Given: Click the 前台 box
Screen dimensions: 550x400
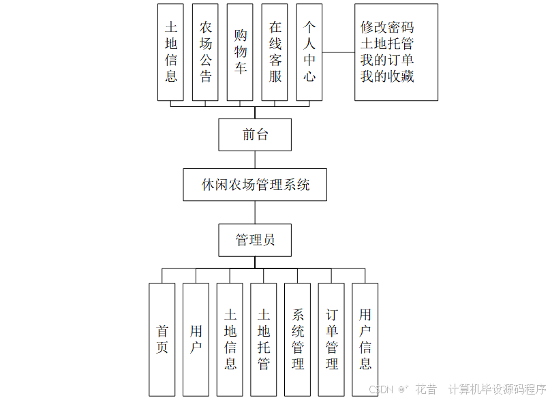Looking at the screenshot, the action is pos(255,134).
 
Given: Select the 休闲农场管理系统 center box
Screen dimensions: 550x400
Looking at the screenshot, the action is pos(255,185).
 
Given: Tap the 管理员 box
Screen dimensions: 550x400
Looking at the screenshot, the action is pos(255,240).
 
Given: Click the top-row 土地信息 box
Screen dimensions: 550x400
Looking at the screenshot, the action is pos(171,52).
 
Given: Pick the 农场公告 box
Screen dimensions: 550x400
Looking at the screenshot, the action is pos(206,52).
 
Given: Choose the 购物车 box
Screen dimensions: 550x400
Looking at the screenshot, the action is pos(241,52).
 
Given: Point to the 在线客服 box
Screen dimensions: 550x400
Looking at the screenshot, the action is pos(275,52).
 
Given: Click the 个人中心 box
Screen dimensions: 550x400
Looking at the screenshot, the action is pos(309,52).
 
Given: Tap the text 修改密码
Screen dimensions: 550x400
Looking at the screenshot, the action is pos(387,28).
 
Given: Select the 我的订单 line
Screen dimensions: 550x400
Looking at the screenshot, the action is pos(387,61).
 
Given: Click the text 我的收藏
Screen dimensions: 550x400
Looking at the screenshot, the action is pos(387,76).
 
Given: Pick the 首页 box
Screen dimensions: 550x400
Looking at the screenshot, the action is pos(162,339).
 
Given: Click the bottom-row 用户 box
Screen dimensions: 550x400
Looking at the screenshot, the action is pos(196,339).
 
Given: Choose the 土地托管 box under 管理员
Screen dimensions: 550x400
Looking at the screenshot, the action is pos(264,339).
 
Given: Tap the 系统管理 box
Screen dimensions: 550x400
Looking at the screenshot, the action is pos(298,339).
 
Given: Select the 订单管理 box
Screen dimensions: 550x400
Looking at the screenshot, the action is pos(331,339).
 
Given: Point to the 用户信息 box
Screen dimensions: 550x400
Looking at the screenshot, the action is pos(365,339).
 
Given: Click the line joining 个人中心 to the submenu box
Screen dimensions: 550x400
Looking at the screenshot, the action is pos(339,52).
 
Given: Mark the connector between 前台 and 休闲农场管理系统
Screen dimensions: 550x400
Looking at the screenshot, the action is pos(255,159).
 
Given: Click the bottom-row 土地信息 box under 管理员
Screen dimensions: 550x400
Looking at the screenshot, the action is pos(230,339).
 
